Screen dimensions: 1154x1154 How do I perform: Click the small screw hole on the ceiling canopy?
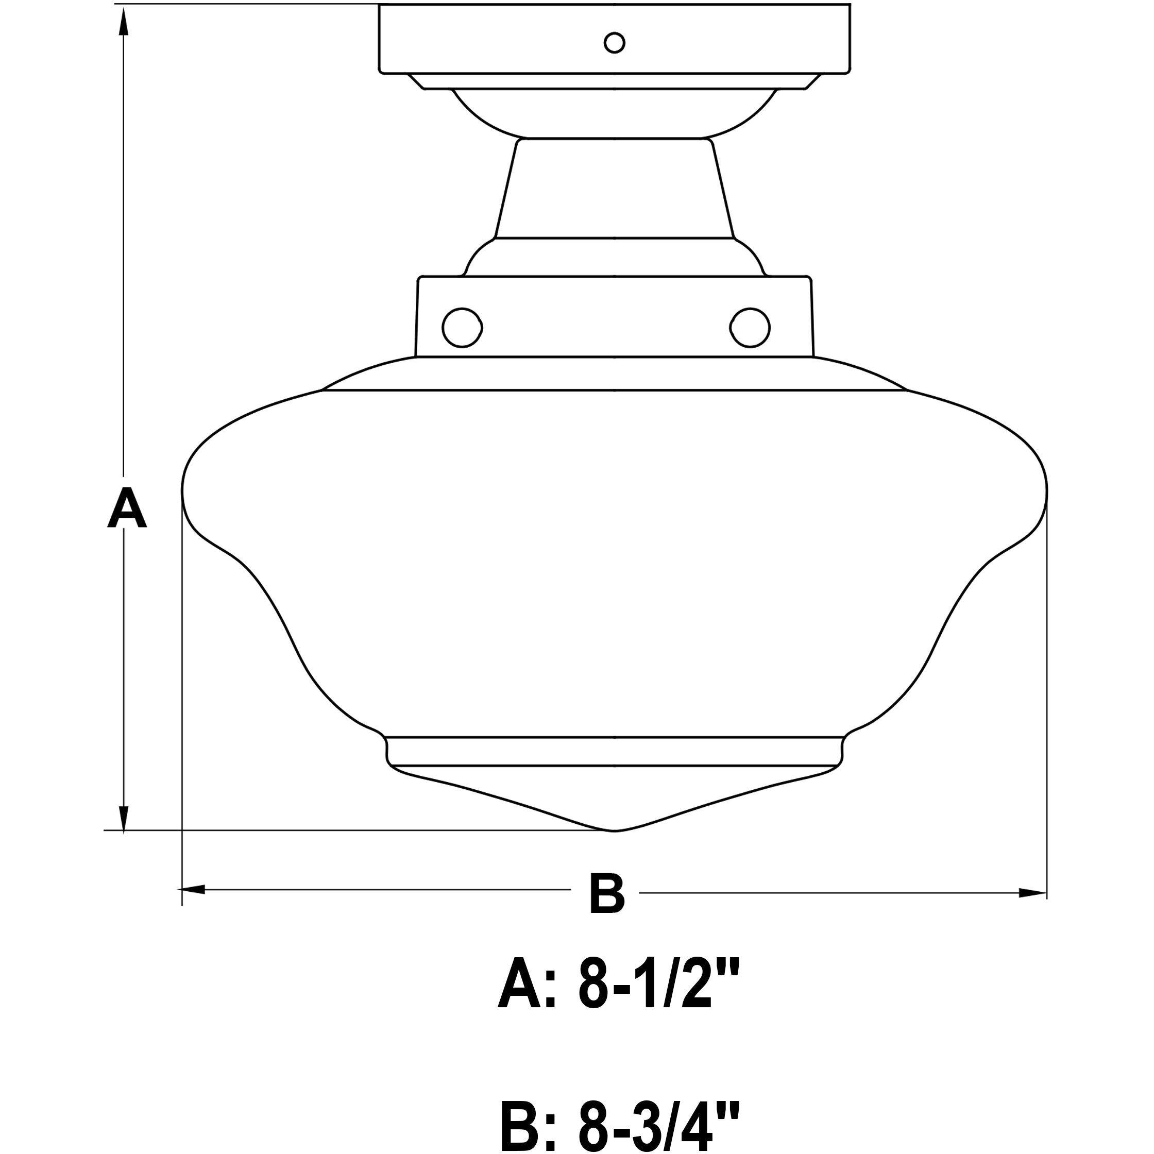[614, 43]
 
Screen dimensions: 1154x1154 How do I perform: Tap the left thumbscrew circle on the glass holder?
[462, 327]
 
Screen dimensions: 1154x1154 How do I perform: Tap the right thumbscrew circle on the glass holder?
[750, 327]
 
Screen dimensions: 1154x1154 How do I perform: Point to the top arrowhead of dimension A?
[124, 24]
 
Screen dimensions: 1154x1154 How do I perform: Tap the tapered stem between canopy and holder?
[614, 188]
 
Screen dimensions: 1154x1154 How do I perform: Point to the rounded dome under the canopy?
[614, 113]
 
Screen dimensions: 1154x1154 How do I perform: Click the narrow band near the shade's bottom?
[614, 752]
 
